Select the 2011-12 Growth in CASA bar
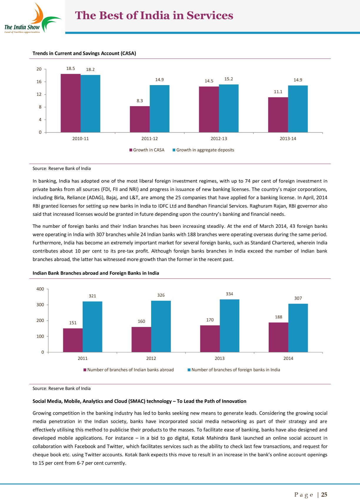[x=140, y=119]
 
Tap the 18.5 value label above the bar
[x=71, y=69]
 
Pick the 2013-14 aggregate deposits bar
[x=298, y=109]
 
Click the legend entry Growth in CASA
[x=147, y=150]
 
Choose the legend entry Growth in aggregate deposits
[x=203, y=150]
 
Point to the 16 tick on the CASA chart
[x=39, y=82]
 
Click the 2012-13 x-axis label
[x=219, y=139]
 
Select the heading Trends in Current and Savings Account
[x=84, y=53]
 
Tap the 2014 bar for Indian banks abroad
[x=278, y=337]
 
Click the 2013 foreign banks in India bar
[x=229, y=326]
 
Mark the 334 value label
[x=229, y=294]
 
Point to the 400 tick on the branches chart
[x=40, y=289]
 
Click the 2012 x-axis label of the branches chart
[x=151, y=358]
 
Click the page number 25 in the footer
[x=324, y=495]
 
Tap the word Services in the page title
[x=210, y=16]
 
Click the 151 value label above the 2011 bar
[x=73, y=323]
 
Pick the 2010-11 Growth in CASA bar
[x=71, y=103]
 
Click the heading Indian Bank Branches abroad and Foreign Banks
[x=96, y=273]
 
